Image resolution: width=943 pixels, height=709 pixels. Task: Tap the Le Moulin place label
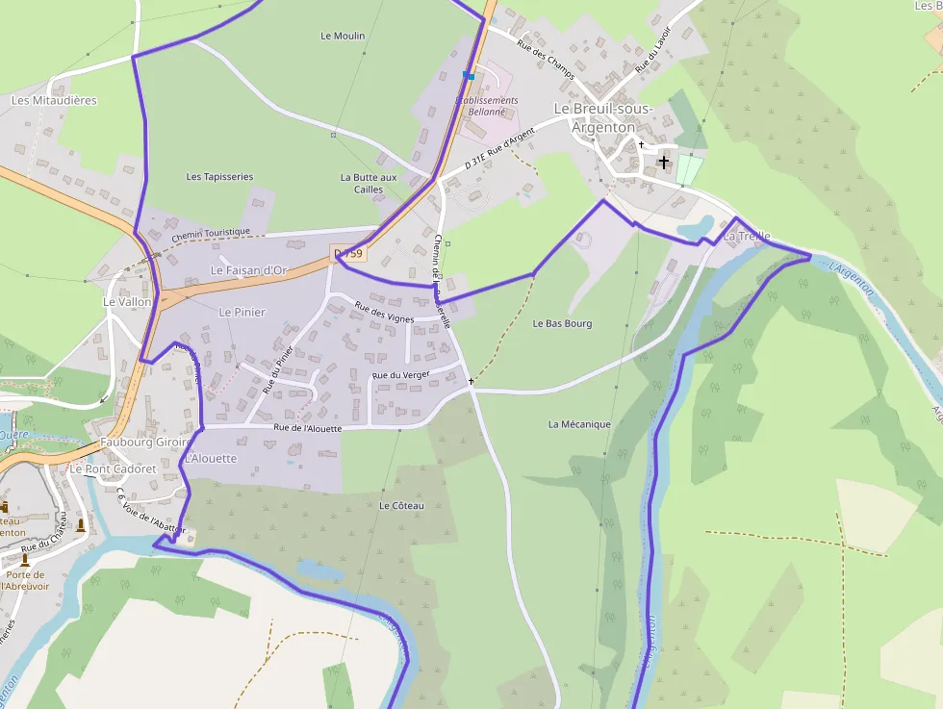coord(343,36)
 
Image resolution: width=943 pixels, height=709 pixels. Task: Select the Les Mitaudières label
coord(54,100)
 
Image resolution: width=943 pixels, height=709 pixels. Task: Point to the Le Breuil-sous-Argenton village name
coord(603,117)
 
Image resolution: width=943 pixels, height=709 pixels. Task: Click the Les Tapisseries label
coord(219,177)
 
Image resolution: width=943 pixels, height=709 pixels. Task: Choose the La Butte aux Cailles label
coord(368,183)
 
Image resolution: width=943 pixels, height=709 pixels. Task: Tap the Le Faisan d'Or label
coord(248,270)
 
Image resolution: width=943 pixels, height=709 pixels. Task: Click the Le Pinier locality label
coord(242,312)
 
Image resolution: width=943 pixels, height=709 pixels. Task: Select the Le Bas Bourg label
coord(562,324)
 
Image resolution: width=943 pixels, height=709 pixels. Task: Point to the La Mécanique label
coord(579,424)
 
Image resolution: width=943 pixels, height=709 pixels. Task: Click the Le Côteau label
coord(401,505)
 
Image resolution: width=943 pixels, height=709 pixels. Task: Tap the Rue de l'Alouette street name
coord(307,428)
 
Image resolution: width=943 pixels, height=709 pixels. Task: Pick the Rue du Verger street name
coord(400,374)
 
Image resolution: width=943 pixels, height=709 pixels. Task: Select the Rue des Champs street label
coord(545,59)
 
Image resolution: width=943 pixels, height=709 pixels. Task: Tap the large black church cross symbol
coord(663,163)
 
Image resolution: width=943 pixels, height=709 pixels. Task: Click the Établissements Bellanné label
coord(487,106)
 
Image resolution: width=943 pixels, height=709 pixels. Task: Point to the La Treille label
coord(747,236)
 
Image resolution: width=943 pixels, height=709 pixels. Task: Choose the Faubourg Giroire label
coord(144,443)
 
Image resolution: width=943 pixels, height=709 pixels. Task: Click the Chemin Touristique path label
coord(211,233)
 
